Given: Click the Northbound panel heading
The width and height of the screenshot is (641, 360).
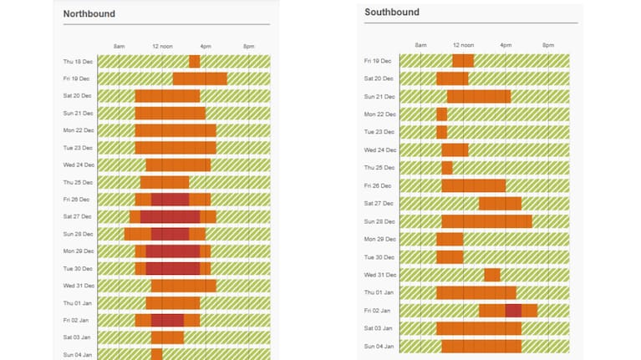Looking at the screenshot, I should [89, 14].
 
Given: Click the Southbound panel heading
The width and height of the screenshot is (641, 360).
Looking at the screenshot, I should [392, 13].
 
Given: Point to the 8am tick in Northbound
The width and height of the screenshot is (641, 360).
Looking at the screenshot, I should [119, 46].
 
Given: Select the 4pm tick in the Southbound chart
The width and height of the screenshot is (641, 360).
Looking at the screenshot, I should [506, 45].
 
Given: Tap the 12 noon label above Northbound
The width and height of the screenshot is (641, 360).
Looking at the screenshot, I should [162, 46].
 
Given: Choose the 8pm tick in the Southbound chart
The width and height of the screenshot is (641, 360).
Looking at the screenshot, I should [547, 45].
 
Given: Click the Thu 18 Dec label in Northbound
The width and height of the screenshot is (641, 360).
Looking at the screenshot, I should [77, 62].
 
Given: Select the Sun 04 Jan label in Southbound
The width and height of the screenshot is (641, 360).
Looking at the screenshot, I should [379, 346].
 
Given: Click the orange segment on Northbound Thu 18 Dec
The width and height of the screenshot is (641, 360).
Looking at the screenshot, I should [194, 62].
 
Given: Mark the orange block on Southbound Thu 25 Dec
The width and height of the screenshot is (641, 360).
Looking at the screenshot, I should [447, 168].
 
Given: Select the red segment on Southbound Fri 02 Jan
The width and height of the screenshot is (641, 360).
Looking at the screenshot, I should [513, 311].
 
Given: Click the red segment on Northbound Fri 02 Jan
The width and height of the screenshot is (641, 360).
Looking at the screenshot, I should [167, 320].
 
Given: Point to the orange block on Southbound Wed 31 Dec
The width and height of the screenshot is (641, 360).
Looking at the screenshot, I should [492, 275].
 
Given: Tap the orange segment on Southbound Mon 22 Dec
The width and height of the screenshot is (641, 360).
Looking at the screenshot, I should [441, 114].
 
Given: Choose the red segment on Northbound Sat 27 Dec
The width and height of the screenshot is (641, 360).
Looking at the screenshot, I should [170, 217].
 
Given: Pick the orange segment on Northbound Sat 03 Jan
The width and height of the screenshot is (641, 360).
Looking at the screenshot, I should [167, 337].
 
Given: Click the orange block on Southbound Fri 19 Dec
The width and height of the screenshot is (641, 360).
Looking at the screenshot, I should [463, 61].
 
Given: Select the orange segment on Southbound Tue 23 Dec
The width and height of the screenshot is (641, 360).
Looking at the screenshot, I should [441, 132].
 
